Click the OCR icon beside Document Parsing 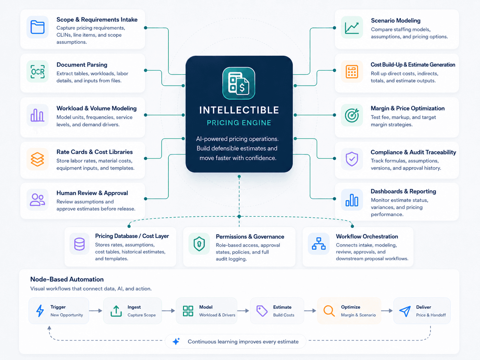tap(37, 72)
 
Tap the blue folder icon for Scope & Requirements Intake tap(37, 27)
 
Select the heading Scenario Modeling tap(395, 21)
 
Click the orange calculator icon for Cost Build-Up tap(352, 72)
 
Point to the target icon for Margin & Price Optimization tap(352, 115)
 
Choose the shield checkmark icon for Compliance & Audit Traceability tap(352, 159)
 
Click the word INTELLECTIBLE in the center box tap(239, 110)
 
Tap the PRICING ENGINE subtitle tap(239, 123)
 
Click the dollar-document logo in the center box tap(239, 83)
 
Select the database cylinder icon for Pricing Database tap(79, 244)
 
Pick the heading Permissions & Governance tap(250, 236)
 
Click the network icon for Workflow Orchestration tap(319, 244)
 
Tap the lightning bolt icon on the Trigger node tap(40, 311)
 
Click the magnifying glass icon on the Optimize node tap(329, 311)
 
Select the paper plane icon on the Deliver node tap(405, 311)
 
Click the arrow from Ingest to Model tap(168, 311)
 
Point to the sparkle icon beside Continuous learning tap(176, 341)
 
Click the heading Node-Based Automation tap(67, 279)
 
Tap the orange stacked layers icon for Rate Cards tap(37, 159)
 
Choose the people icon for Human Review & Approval tap(37, 200)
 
